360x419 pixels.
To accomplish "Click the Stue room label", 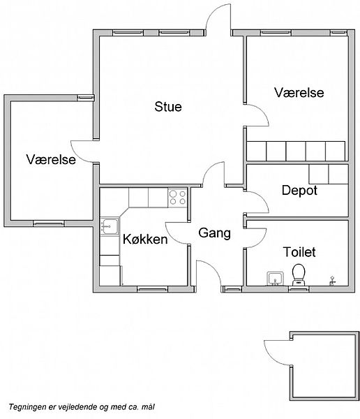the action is pyautogui.click(x=168, y=107).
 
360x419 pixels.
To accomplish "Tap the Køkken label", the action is pyautogui.click(x=145, y=239).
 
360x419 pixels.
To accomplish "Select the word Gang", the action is pyautogui.click(x=215, y=233).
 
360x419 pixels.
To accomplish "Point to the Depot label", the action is pyautogui.click(x=299, y=191).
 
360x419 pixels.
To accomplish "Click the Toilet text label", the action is pyautogui.click(x=299, y=252).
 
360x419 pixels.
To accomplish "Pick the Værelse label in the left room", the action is pyautogui.click(x=51, y=159).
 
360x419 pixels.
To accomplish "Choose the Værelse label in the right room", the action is pyautogui.click(x=299, y=92).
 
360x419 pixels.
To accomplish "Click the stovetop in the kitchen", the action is pyautogui.click(x=178, y=198).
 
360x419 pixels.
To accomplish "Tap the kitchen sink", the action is pyautogui.click(x=110, y=226).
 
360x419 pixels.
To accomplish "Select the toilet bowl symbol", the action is pyautogui.click(x=299, y=274).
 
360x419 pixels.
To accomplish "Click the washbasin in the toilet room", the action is pyautogui.click(x=275, y=279).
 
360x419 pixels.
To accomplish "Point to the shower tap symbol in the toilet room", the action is pyautogui.click(x=332, y=281).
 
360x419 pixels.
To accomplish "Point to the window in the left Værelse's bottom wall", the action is pyautogui.click(x=49, y=223).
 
